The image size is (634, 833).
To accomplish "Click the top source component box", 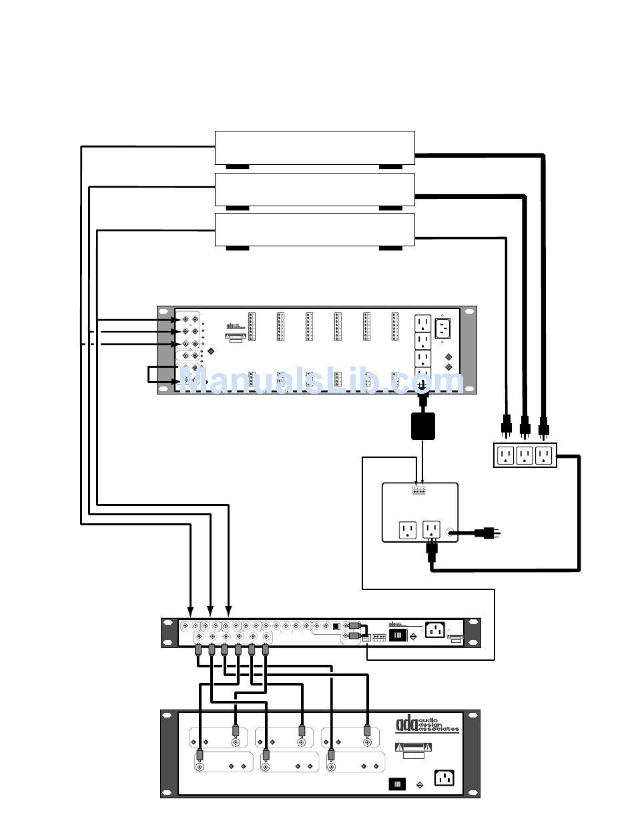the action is coord(314,147).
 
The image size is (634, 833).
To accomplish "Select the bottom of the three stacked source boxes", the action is coord(314,229).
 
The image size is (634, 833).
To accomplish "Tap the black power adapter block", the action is coord(423,426).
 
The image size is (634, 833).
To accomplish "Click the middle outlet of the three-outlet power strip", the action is coord(525,455).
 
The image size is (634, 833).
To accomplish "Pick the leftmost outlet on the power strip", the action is coord(506,455).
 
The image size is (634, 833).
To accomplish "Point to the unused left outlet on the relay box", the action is coord(408,531).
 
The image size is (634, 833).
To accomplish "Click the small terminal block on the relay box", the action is coord(419,491).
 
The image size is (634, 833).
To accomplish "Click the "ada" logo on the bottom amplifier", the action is coord(406,723).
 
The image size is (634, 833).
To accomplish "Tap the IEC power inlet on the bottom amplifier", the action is coord(444,778).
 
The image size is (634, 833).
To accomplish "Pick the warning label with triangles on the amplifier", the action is coord(414,747).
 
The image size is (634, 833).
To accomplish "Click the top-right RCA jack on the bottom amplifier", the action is coord(366,742).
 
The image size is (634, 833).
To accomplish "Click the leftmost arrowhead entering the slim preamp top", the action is coord(190,611).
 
